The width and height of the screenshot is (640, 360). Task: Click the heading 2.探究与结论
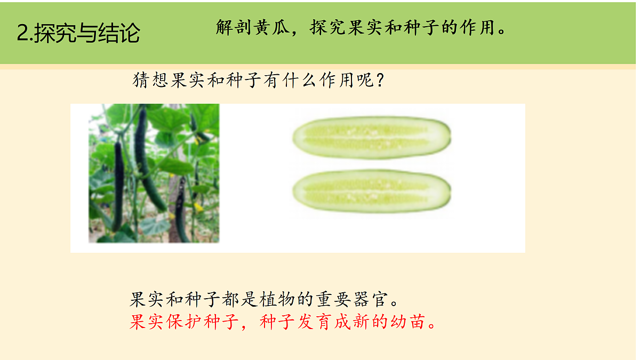click(78, 33)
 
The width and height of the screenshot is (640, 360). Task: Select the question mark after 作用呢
click(380, 82)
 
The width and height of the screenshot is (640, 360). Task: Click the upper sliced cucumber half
click(372, 138)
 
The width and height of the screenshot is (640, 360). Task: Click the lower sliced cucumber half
click(372, 191)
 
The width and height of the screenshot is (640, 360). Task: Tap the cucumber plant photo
click(154, 173)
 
